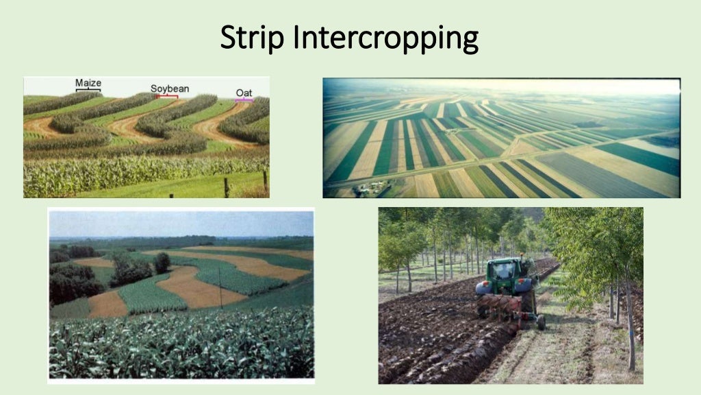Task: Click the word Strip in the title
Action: tap(253, 39)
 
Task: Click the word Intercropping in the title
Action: tap(385, 39)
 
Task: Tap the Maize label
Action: tap(88, 83)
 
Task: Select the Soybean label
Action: tap(170, 88)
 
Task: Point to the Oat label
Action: tap(244, 93)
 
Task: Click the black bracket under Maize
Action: tap(88, 90)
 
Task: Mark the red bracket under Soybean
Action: tap(167, 97)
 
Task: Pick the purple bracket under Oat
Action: tap(244, 100)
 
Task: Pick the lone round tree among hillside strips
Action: tap(162, 262)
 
